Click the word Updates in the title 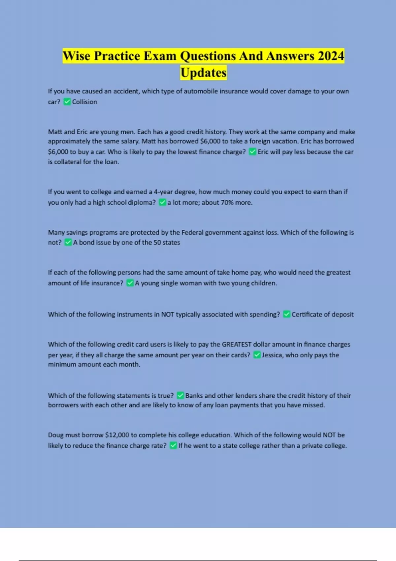click(203, 73)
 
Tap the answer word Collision click(84, 102)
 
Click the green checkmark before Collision click(67, 102)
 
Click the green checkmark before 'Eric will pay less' click(252, 152)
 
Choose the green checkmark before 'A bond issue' click(68, 242)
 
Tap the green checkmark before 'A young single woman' click(130, 283)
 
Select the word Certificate click(306, 314)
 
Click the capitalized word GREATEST click(236, 344)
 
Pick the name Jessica click(272, 355)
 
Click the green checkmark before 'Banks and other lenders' click(180, 395)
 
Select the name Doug click(55, 435)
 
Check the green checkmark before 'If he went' click(173, 445)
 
